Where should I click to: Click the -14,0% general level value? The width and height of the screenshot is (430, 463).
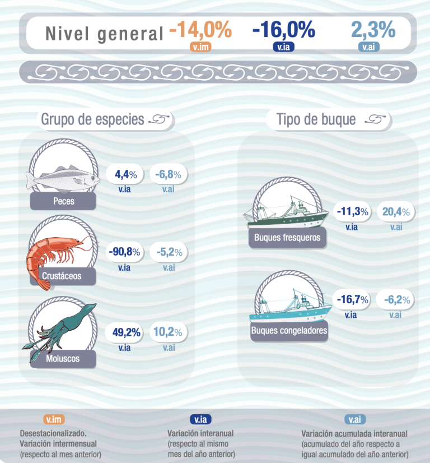point(200,30)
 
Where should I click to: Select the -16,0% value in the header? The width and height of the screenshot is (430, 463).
point(283,30)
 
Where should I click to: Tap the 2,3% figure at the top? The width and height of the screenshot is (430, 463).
point(373,30)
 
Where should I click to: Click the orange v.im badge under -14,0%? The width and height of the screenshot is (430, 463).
point(200,47)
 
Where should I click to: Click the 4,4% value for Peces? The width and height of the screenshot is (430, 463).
point(125,174)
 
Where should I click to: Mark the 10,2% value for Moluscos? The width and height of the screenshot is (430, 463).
point(169,333)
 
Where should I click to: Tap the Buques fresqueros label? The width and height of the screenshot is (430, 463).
point(287,238)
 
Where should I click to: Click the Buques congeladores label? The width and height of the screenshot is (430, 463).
point(289,330)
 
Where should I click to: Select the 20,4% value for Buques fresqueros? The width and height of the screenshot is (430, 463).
point(396,212)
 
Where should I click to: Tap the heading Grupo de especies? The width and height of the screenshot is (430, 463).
point(93,119)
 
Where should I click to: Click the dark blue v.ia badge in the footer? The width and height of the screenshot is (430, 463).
point(200,419)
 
